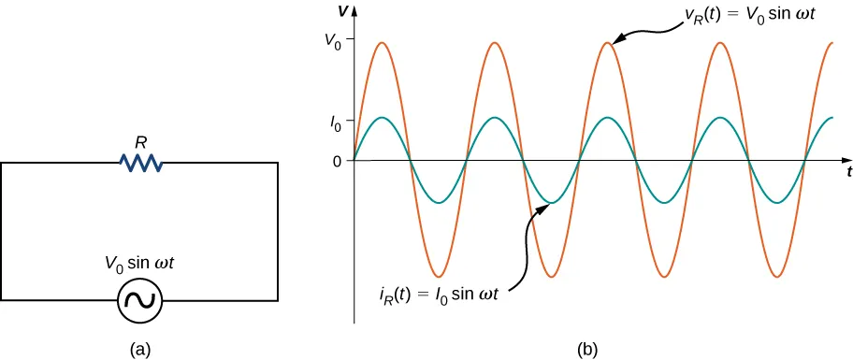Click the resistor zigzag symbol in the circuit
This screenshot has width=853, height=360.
pyautogui.click(x=142, y=164)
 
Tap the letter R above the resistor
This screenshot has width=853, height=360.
pyautogui.click(x=141, y=143)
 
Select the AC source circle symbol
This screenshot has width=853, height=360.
pyautogui.click(x=139, y=301)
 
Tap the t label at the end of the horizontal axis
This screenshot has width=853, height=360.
pyautogui.click(x=848, y=172)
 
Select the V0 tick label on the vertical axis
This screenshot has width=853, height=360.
pyautogui.click(x=332, y=42)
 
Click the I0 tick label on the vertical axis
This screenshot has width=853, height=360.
pyautogui.click(x=336, y=119)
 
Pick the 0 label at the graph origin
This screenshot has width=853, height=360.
pyautogui.click(x=337, y=161)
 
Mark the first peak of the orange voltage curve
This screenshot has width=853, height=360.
pyautogui.click(x=382, y=42)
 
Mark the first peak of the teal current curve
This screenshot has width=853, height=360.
pyautogui.click(x=382, y=118)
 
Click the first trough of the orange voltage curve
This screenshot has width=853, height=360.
pyautogui.click(x=438, y=278)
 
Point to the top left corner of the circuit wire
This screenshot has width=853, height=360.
pyautogui.click(x=2, y=164)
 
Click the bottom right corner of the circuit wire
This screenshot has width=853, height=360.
pyautogui.click(x=278, y=300)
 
